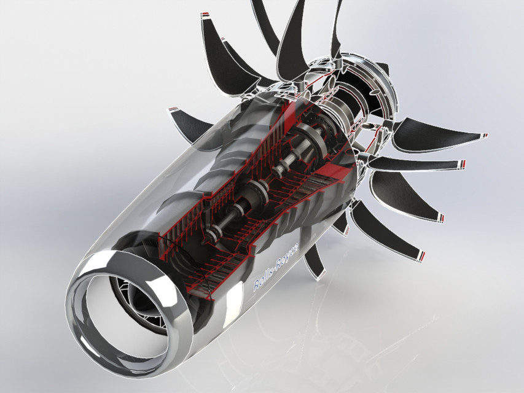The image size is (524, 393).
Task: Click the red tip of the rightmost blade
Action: [485, 135]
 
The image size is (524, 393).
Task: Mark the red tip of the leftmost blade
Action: [170, 110]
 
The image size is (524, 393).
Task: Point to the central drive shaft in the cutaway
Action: [270, 184]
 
